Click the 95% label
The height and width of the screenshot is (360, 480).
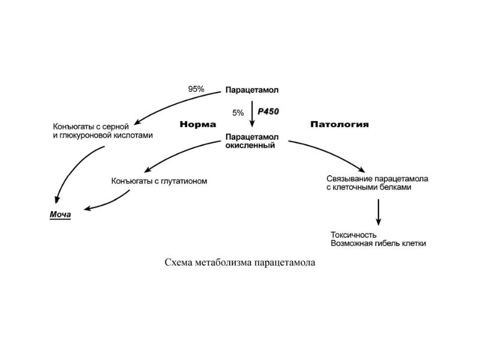click(196, 89)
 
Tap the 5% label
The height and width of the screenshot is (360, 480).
click(238, 112)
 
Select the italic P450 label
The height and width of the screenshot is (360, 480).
click(268, 111)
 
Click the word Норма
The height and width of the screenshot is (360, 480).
click(197, 125)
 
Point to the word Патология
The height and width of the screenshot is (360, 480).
click(340, 125)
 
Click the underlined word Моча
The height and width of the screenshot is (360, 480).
click(60, 215)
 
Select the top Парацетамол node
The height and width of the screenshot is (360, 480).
click(252, 91)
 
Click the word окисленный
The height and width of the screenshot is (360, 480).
click(250, 145)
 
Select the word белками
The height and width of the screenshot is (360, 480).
click(393, 187)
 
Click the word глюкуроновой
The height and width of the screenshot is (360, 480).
click(83, 136)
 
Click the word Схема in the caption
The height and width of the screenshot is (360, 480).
click(179, 263)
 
